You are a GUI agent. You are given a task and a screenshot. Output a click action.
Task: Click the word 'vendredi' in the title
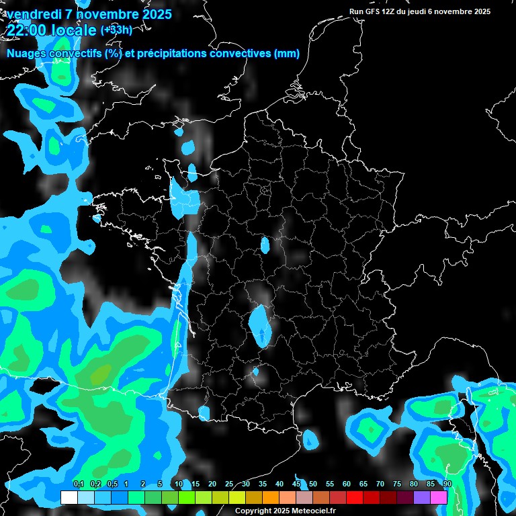click(33, 14)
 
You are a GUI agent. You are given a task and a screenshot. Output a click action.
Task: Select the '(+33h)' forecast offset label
click(116, 30)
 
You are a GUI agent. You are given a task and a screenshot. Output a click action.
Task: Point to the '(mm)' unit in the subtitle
click(287, 54)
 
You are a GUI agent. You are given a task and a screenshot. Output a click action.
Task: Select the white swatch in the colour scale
click(69, 497)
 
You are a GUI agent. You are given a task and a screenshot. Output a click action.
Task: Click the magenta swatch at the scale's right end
click(439, 497)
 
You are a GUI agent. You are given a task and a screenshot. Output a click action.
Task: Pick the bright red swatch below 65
click(355, 497)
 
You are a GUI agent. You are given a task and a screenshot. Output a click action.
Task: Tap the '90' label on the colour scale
click(447, 484)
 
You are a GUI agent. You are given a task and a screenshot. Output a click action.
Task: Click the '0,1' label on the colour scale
click(78, 484)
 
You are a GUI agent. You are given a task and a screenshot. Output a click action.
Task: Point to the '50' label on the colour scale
click(313, 484)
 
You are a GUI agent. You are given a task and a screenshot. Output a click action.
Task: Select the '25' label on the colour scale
click(229, 484)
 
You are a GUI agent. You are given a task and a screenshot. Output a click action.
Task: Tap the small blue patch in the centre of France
click(265, 245)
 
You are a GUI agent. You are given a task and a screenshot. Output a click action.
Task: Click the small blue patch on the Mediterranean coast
click(310, 439)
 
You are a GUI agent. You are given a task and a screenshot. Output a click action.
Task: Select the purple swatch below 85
click(422, 497)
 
